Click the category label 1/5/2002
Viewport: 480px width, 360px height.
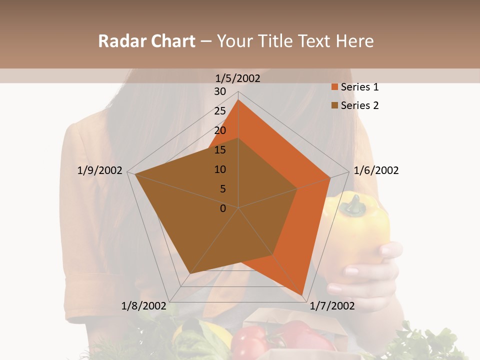pos(237,78)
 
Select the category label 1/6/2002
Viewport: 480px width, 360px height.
pos(376,170)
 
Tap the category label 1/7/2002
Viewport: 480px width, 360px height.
pos(332,306)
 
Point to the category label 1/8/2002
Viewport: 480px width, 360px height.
pos(143,306)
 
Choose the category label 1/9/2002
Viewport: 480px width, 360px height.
pos(99,170)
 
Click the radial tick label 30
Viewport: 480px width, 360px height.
pos(220,91)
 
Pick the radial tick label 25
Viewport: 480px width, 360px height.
pos(220,111)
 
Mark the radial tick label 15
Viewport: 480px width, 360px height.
pos(220,150)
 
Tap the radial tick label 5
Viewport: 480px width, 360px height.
pos(223,189)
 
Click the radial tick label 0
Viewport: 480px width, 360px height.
pos(223,208)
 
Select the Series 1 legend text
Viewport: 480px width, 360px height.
pos(359,87)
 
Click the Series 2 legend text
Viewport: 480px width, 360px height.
pos(359,105)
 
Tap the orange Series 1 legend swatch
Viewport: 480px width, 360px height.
pos(334,87)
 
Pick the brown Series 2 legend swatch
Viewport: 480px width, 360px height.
pos(334,105)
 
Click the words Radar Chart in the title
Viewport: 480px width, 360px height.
pos(146,41)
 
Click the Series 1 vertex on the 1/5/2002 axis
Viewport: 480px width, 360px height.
pos(238,99)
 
